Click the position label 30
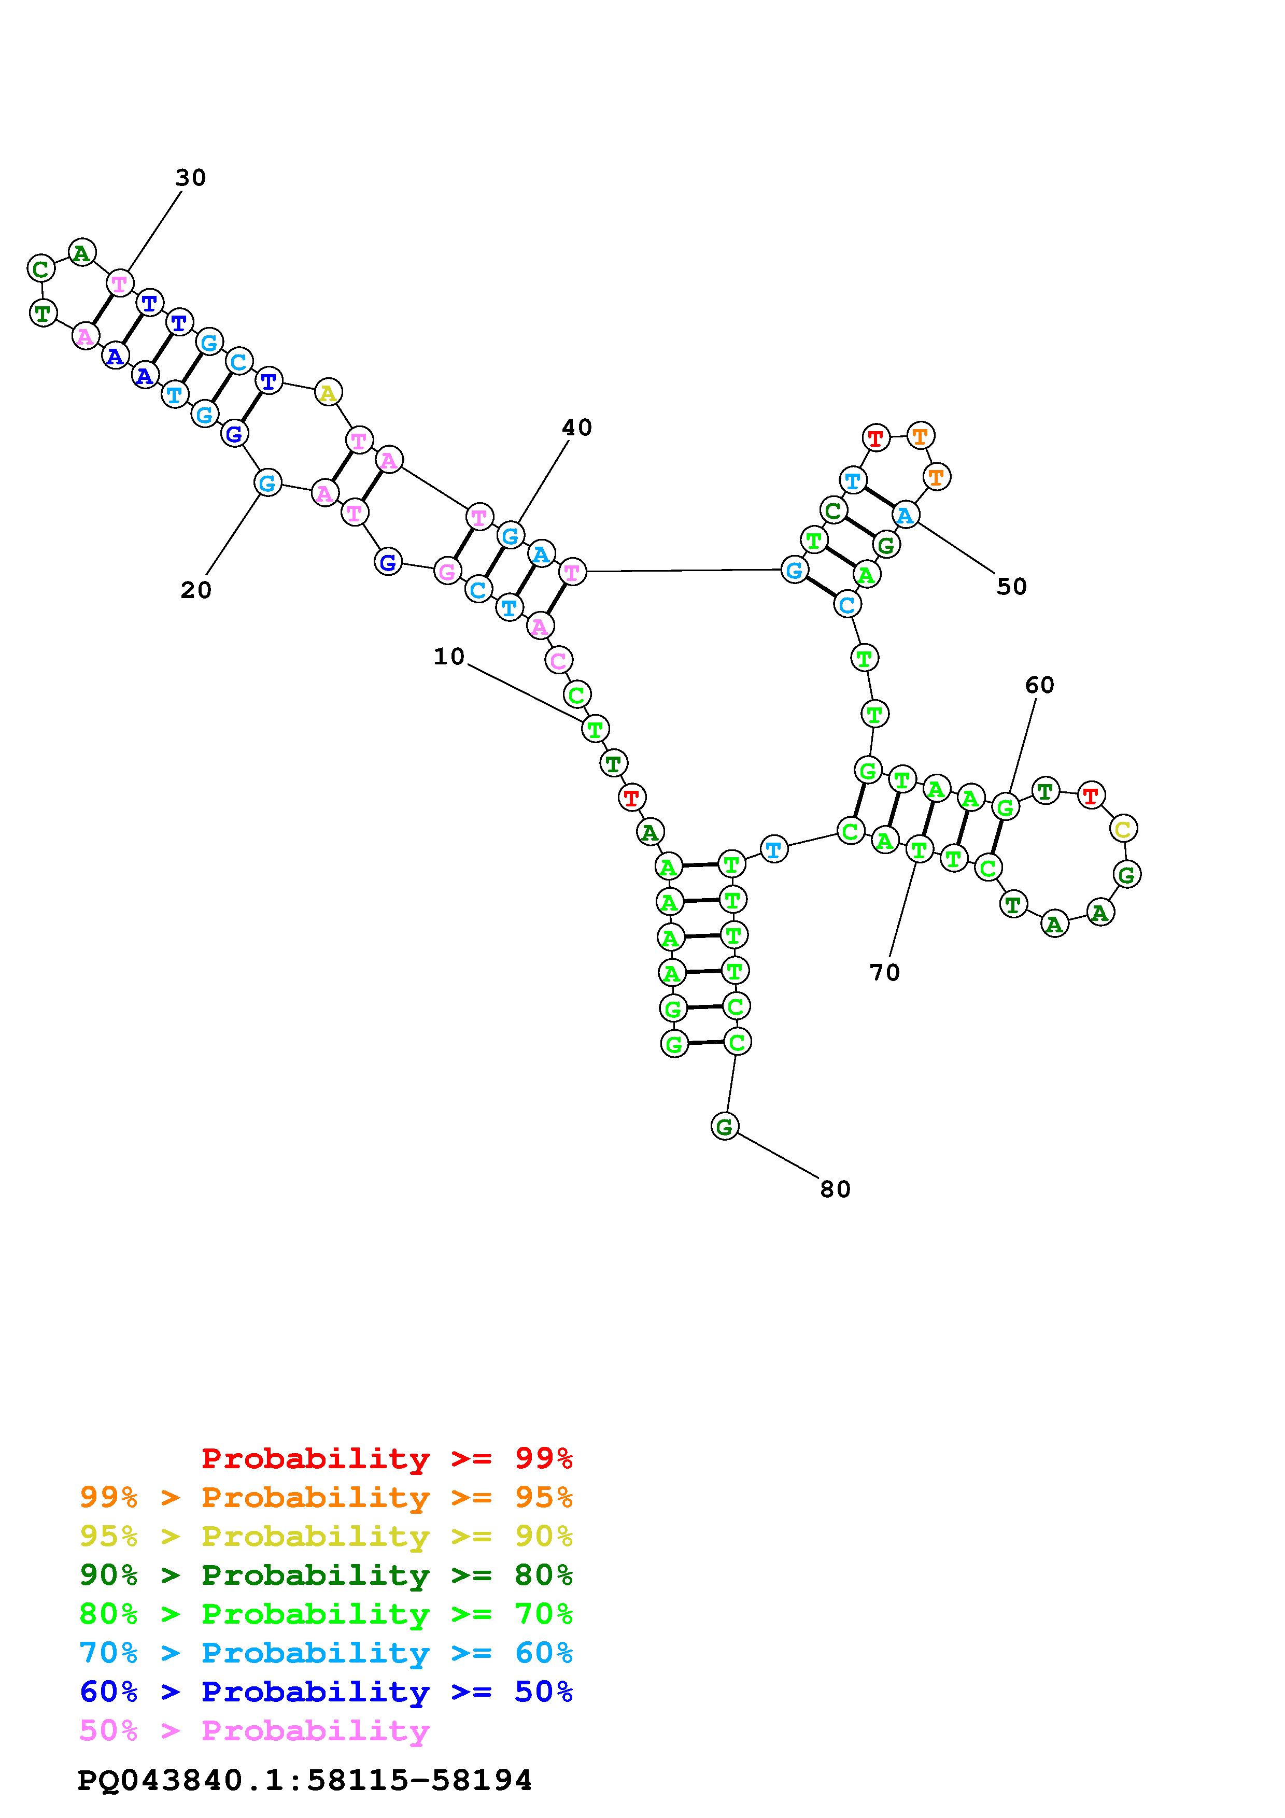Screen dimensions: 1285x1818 click(x=190, y=178)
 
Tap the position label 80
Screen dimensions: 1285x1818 click(x=835, y=1189)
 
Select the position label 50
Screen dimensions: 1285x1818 click(x=1011, y=587)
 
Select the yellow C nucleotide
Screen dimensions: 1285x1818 click(x=1123, y=829)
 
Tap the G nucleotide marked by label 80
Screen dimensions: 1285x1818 click(x=725, y=1126)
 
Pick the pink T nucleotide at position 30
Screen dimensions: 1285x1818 click(x=120, y=282)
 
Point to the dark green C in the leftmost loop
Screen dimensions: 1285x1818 click(x=40, y=268)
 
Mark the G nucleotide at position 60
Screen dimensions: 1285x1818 click(x=1005, y=807)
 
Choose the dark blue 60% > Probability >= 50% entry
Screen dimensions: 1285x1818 click(x=326, y=1692)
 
